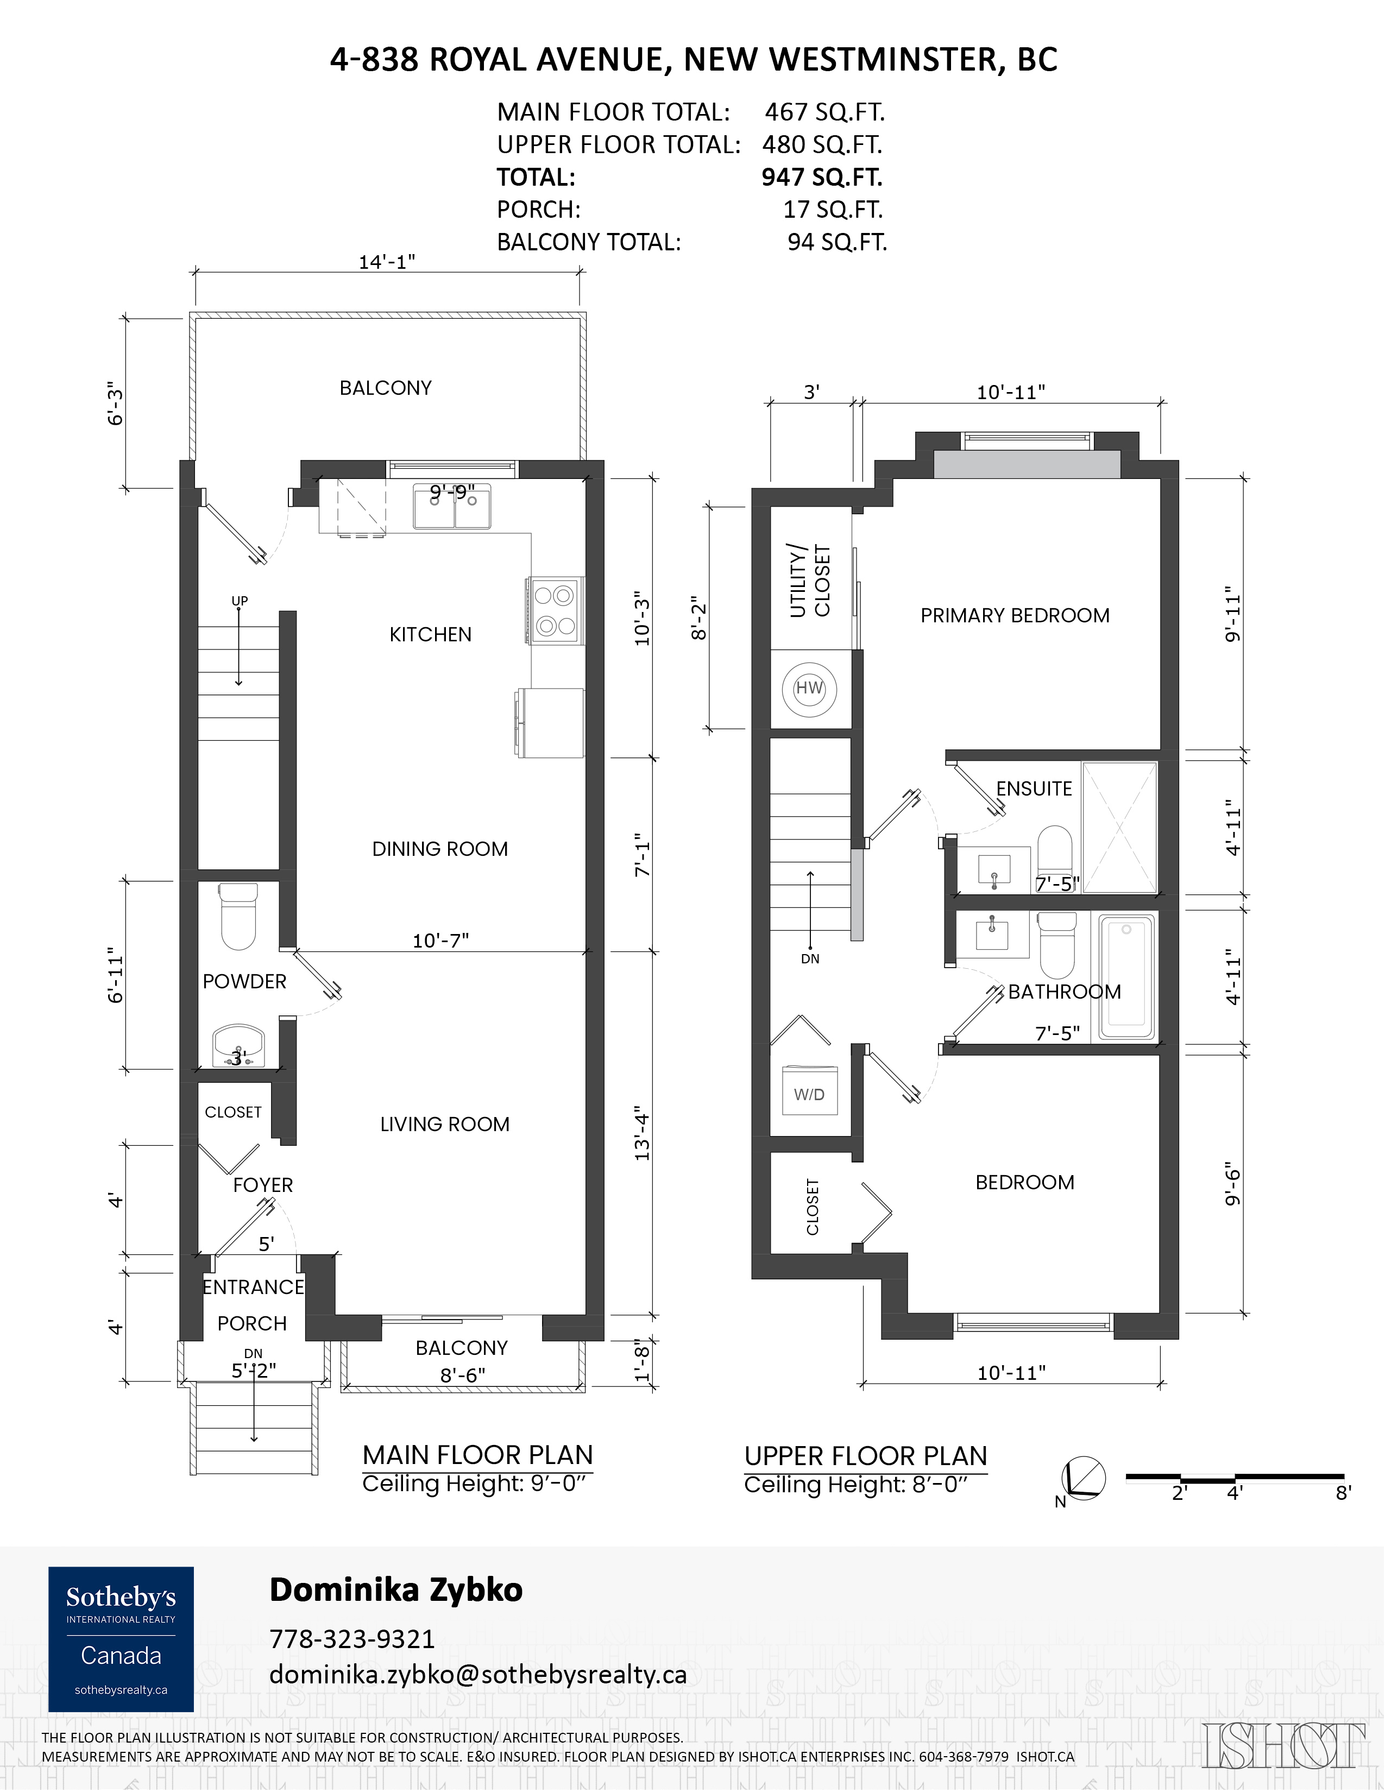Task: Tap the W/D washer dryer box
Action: pyautogui.click(x=809, y=1090)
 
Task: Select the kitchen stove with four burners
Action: pyautogui.click(x=555, y=610)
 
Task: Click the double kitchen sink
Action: pyautogui.click(x=452, y=506)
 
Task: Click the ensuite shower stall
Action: pyautogui.click(x=1119, y=827)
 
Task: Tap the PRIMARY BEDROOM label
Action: pyautogui.click(x=1015, y=615)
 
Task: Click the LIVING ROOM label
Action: pyautogui.click(x=445, y=1124)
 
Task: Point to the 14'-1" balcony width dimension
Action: pyautogui.click(x=387, y=262)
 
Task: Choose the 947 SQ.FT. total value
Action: pyautogui.click(x=822, y=177)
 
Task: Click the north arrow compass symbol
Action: pyautogui.click(x=1083, y=1479)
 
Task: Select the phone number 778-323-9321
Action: pyautogui.click(x=352, y=1638)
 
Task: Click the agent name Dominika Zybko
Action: pyautogui.click(x=396, y=1590)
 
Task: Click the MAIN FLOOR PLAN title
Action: pyautogui.click(x=477, y=1455)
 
